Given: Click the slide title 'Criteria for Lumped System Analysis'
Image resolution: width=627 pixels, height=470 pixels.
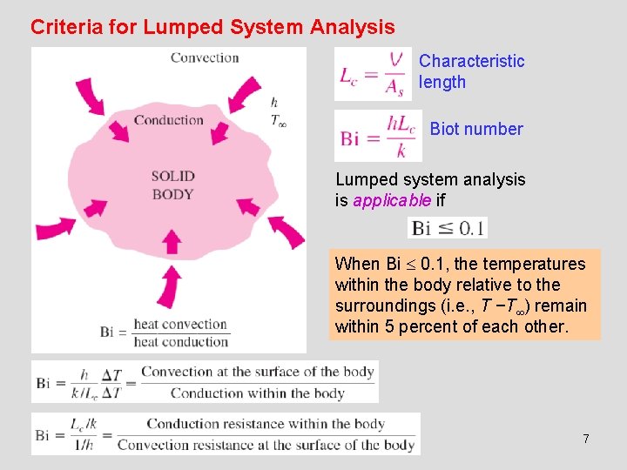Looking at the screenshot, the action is click(212, 27).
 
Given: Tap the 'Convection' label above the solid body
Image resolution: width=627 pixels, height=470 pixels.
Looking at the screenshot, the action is click(205, 58).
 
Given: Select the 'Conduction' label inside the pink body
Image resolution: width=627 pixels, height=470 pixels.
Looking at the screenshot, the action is click(169, 120).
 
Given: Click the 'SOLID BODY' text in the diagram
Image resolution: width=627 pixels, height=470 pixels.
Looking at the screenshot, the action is click(172, 185).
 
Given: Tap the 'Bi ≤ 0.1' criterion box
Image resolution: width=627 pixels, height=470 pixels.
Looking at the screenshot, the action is click(448, 228).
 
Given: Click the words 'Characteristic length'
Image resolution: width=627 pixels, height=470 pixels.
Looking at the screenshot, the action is click(471, 71).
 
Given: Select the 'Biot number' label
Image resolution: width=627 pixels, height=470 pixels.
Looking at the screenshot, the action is click(476, 129).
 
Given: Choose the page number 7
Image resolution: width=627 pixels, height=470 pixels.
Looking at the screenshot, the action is click(586, 439).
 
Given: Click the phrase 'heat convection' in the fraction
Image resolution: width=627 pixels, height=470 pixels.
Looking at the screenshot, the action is click(180, 325).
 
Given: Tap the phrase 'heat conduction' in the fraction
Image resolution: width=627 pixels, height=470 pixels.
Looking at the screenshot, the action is click(180, 341).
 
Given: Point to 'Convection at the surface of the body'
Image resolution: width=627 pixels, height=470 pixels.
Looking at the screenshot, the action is click(258, 372).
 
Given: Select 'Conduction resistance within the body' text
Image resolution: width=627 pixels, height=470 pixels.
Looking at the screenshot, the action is click(266, 424).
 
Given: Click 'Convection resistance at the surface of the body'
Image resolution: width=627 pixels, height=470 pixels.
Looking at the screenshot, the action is click(266, 445).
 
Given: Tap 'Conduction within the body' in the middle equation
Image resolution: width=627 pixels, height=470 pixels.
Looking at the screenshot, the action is click(258, 393).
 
